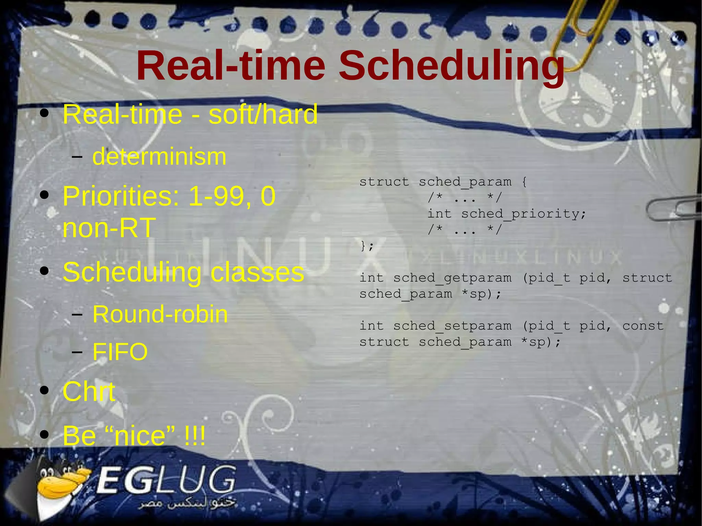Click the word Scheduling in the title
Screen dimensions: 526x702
(452, 66)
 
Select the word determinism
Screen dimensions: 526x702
(159, 157)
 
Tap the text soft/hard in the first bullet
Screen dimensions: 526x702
(263, 114)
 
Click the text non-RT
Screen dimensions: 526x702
(109, 228)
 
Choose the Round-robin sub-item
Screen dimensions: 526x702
(160, 314)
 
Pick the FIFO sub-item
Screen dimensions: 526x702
(120, 352)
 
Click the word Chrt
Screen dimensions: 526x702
(89, 392)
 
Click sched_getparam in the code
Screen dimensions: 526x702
(452, 278)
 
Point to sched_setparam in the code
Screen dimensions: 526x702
(452, 326)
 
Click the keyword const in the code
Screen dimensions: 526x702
(643, 326)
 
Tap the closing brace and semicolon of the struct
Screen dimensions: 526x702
(367, 246)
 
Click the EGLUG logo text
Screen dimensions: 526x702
(167, 480)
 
